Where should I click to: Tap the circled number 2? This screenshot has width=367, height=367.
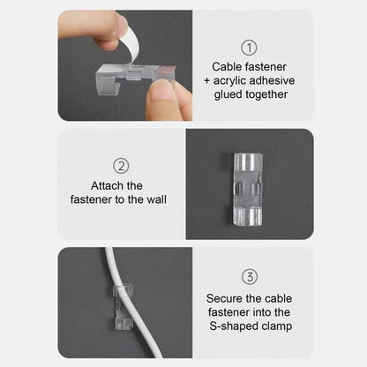[122, 166]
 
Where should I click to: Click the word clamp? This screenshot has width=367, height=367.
[277, 326]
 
